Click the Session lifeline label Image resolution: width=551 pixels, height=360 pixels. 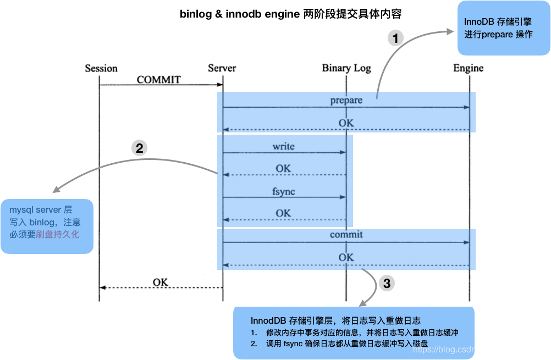click(101, 68)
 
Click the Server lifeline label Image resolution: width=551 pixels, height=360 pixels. click(222, 68)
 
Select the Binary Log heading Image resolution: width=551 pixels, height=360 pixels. click(346, 68)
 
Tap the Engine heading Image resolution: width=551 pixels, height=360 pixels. click(468, 68)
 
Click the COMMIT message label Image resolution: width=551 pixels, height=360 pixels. click(158, 80)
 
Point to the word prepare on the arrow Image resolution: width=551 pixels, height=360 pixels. click(346, 101)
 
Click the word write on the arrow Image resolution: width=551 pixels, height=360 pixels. click(283, 147)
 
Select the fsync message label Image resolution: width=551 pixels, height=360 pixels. click(283, 191)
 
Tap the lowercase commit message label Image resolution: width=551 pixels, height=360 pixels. click(346, 235)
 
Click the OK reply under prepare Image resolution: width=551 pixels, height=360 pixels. click(346, 123)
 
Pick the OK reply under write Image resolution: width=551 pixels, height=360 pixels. click(283, 169)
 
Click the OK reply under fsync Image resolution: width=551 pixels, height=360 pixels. click(283, 213)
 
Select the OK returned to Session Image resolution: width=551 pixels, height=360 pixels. click(160, 283)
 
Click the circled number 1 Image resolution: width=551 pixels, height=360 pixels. click(395, 38)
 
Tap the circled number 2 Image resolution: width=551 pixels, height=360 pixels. click(139, 148)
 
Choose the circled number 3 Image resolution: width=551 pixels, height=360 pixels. click(387, 284)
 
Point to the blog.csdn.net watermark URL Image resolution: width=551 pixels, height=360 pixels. click(478, 349)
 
